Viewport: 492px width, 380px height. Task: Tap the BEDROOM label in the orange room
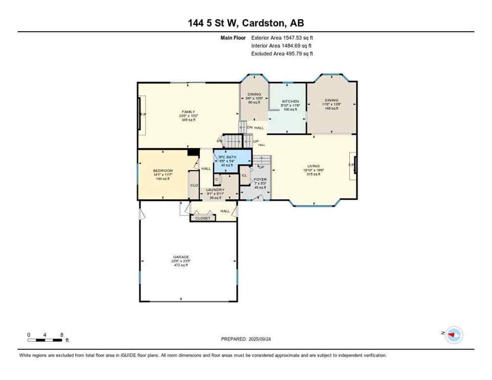[162, 171]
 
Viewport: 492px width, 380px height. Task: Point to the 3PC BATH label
[228, 157]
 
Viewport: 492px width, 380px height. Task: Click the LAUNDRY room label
[215, 190]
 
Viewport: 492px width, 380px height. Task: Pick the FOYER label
[260, 180]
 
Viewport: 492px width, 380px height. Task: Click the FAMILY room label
[188, 112]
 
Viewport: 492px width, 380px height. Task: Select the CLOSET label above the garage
[203, 218]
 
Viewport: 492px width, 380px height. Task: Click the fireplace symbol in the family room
[142, 115]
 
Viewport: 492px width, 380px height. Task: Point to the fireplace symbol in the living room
[353, 165]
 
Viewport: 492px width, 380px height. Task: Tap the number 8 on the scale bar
[62, 334]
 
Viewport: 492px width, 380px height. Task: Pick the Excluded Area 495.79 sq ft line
[282, 53]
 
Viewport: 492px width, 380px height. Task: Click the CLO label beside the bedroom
[194, 185]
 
